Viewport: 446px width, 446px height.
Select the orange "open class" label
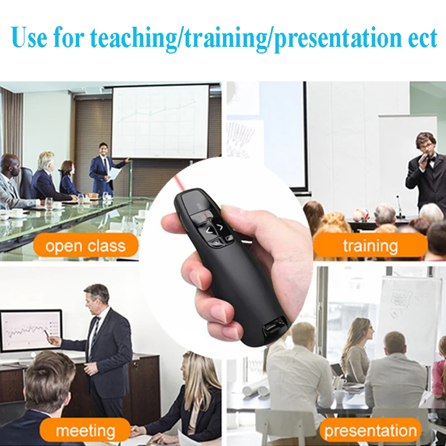click(x=85, y=246)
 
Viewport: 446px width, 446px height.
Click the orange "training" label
click(x=370, y=246)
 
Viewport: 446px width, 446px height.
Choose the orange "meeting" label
click(x=85, y=431)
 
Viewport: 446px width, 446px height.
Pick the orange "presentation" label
click(x=370, y=431)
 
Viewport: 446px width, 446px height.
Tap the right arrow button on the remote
click(x=220, y=226)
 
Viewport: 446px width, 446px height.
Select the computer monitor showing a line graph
click(x=31, y=330)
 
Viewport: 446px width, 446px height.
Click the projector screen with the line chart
click(x=160, y=121)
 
